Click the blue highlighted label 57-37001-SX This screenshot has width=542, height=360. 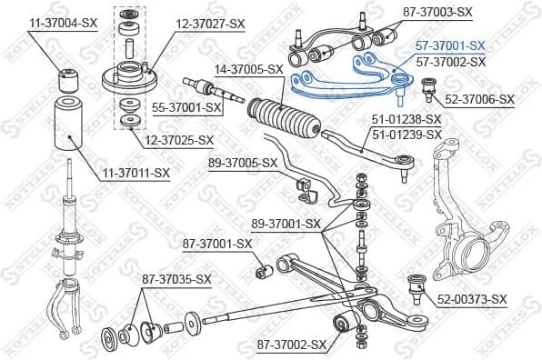[x=450, y=45]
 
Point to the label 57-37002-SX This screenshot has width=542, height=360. [x=450, y=62]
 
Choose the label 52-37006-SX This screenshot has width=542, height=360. [x=479, y=99]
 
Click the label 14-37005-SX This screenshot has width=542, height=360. [x=249, y=69]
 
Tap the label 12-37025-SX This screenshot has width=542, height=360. [x=178, y=140]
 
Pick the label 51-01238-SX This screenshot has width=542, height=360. [x=406, y=119]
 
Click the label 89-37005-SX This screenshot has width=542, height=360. [x=242, y=163]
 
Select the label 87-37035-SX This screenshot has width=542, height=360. [x=176, y=278]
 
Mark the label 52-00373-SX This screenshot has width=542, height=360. [x=471, y=299]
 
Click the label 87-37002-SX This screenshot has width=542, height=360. [x=291, y=345]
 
